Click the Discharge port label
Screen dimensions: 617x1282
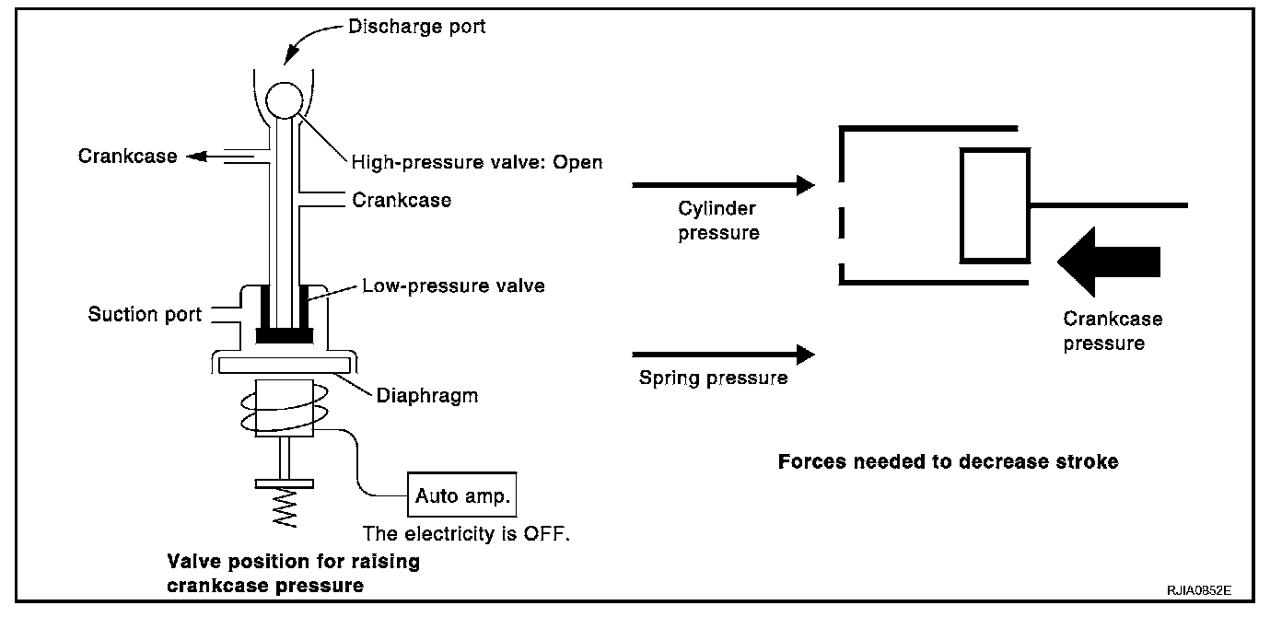416,27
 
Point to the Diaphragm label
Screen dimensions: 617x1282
427,397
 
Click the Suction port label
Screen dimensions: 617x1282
145,315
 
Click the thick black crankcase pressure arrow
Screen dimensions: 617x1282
1109,261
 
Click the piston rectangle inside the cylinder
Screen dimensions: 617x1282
995,205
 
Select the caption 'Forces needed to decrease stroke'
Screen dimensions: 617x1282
948,461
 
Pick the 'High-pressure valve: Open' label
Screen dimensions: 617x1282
477,163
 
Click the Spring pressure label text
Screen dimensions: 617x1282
713,378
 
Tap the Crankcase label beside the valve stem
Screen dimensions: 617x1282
402,200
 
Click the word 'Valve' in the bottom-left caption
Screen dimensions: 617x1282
191,563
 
